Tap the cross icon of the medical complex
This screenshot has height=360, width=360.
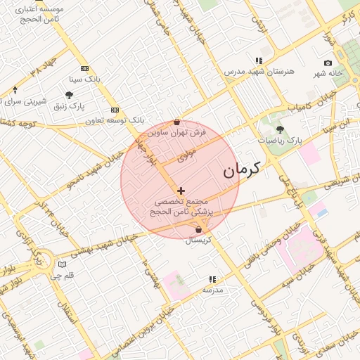click(x=181, y=191)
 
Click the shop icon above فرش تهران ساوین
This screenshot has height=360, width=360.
click(x=176, y=122)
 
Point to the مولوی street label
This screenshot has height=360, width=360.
click(x=186, y=155)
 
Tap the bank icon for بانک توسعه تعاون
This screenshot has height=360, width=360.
click(x=115, y=110)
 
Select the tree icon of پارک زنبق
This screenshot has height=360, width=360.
click(x=69, y=95)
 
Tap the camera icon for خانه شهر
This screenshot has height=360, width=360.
click(x=328, y=63)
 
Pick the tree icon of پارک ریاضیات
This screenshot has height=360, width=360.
click(x=280, y=129)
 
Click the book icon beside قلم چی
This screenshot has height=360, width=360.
click(x=63, y=264)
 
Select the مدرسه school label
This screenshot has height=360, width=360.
click(x=212, y=290)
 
